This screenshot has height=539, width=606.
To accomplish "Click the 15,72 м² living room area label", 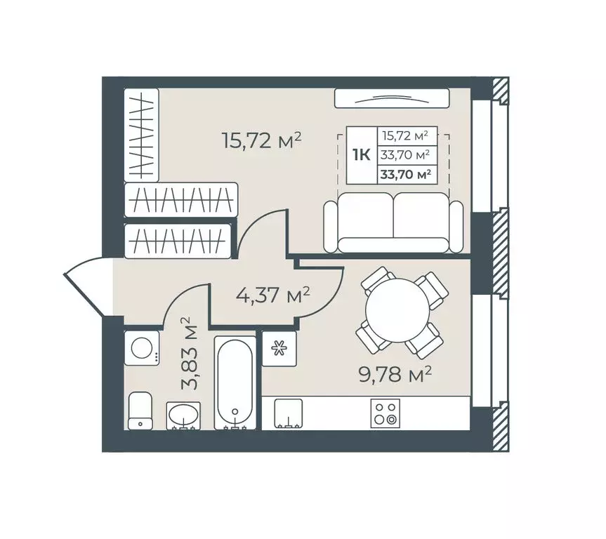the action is click(261, 140).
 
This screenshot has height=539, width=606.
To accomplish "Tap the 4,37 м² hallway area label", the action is click(273, 295).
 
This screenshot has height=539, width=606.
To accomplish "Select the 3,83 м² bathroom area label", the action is click(190, 354).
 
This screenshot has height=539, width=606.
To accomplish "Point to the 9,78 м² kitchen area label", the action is click(395, 374).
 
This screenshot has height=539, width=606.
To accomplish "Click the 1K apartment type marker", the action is click(362, 155).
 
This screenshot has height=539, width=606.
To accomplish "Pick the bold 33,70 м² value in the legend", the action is click(406, 175).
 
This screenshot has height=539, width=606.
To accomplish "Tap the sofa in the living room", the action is click(393, 222).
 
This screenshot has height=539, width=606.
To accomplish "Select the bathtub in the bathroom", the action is click(235, 383).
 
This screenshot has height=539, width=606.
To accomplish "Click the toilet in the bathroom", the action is click(140, 411).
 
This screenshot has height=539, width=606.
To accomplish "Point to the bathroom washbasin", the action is click(183, 415).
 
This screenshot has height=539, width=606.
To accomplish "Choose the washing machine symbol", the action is click(142, 347).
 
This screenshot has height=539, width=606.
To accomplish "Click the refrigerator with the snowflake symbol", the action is click(279, 349).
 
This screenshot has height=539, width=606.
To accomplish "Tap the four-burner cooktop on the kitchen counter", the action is click(385, 413).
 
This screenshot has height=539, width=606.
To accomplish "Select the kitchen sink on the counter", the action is click(288, 413).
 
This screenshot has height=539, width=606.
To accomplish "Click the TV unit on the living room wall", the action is click(392, 98).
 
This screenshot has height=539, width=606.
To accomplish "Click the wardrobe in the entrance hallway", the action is click(178, 241).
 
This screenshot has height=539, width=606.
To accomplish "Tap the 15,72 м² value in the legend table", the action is click(405, 135).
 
